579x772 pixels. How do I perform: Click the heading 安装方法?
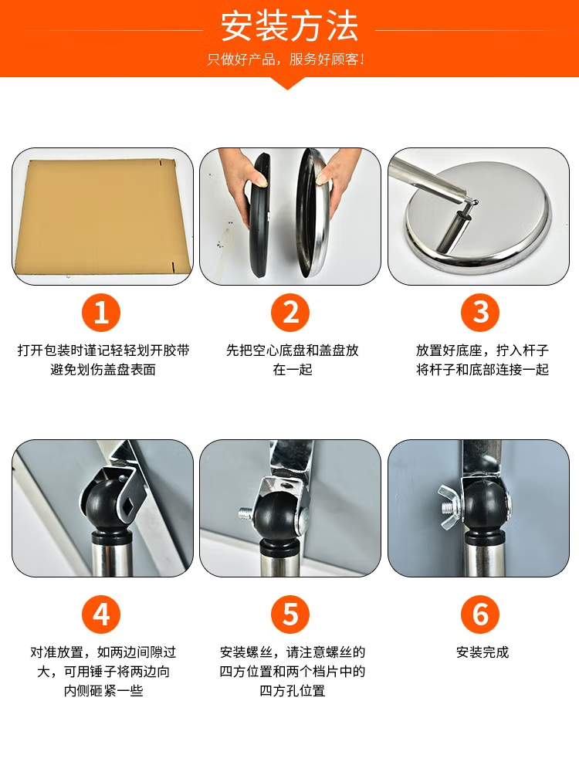click(289, 27)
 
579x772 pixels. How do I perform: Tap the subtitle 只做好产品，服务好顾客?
click(286, 60)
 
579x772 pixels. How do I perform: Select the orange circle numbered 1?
click(101, 313)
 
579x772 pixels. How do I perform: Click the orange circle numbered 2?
click(290, 313)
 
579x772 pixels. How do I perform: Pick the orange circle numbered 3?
click(480, 313)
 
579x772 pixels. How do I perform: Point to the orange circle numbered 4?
click(101, 615)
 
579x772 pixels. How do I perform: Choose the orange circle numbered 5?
click(290, 615)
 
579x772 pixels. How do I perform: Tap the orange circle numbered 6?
click(480, 615)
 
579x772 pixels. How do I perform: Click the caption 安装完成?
click(482, 652)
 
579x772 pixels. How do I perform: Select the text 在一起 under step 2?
click(293, 370)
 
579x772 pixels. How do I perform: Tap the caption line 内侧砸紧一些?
click(103, 691)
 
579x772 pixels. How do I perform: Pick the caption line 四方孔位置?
click(293, 691)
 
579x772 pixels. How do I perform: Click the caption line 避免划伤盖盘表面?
click(103, 370)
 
